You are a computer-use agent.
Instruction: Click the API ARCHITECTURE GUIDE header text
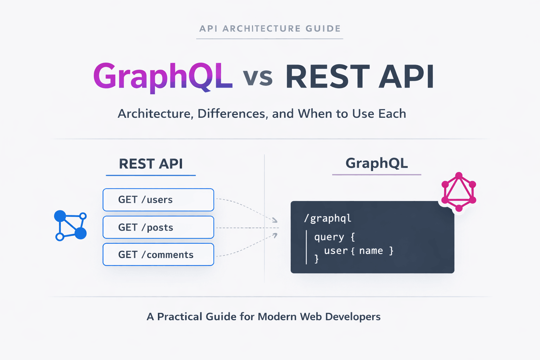270,28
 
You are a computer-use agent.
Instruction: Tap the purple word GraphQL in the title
162,77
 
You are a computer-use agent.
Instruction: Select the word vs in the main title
258,77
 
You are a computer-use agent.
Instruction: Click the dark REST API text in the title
360,77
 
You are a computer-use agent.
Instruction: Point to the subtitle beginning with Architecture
262,114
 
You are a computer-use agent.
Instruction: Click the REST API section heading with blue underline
151,164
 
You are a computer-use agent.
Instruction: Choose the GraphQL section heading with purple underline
377,163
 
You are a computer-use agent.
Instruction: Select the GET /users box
158,200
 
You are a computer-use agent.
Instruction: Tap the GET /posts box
158,227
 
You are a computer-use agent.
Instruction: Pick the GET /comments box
158,255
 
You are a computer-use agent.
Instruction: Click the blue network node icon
70,225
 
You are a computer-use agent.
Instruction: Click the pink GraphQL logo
458,192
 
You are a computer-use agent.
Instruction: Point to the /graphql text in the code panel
328,218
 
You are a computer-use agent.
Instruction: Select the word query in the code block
329,237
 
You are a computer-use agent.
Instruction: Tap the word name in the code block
371,251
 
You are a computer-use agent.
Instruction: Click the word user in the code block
336,251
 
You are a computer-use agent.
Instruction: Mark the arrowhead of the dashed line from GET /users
275,220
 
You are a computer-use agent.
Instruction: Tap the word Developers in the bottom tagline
353,317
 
